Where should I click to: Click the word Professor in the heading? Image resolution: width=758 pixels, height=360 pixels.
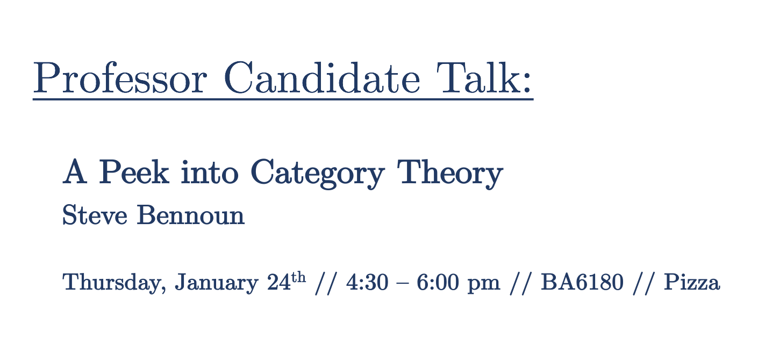[x=120, y=78]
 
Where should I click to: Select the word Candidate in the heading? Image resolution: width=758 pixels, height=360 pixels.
[x=321, y=77]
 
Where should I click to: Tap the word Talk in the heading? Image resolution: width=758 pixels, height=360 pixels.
[x=478, y=77]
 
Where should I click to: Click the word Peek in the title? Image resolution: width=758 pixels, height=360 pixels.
[x=134, y=171]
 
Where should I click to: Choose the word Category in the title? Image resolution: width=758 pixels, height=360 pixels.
[x=317, y=174]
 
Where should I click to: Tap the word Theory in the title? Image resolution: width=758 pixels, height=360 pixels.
[x=450, y=174]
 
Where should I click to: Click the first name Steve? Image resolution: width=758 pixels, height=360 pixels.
[x=95, y=214]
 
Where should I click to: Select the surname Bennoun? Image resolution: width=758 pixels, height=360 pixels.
[x=190, y=214]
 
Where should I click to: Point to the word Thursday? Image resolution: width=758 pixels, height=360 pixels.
[x=114, y=282]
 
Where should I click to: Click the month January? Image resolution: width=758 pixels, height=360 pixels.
[x=217, y=282]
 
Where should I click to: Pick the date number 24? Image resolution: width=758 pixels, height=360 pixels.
[x=279, y=282]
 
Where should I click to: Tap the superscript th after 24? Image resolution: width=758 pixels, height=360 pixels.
[x=298, y=277]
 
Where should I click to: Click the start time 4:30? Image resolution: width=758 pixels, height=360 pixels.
[x=367, y=282]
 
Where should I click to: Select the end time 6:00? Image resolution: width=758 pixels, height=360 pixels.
[x=437, y=282]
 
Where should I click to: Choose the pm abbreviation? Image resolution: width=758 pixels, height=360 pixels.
[x=483, y=285]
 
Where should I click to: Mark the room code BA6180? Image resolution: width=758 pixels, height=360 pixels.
[x=582, y=282]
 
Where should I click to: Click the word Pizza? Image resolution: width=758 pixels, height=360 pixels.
[x=692, y=282]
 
